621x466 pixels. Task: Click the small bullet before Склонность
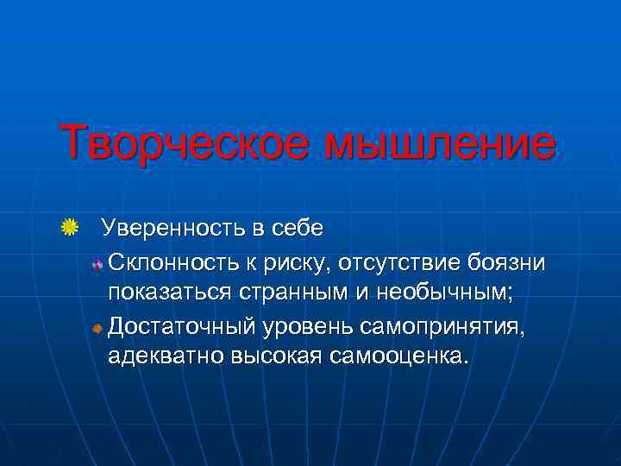pos(97,263)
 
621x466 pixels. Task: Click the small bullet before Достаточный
pos(97,328)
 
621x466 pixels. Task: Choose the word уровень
pos(310,326)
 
